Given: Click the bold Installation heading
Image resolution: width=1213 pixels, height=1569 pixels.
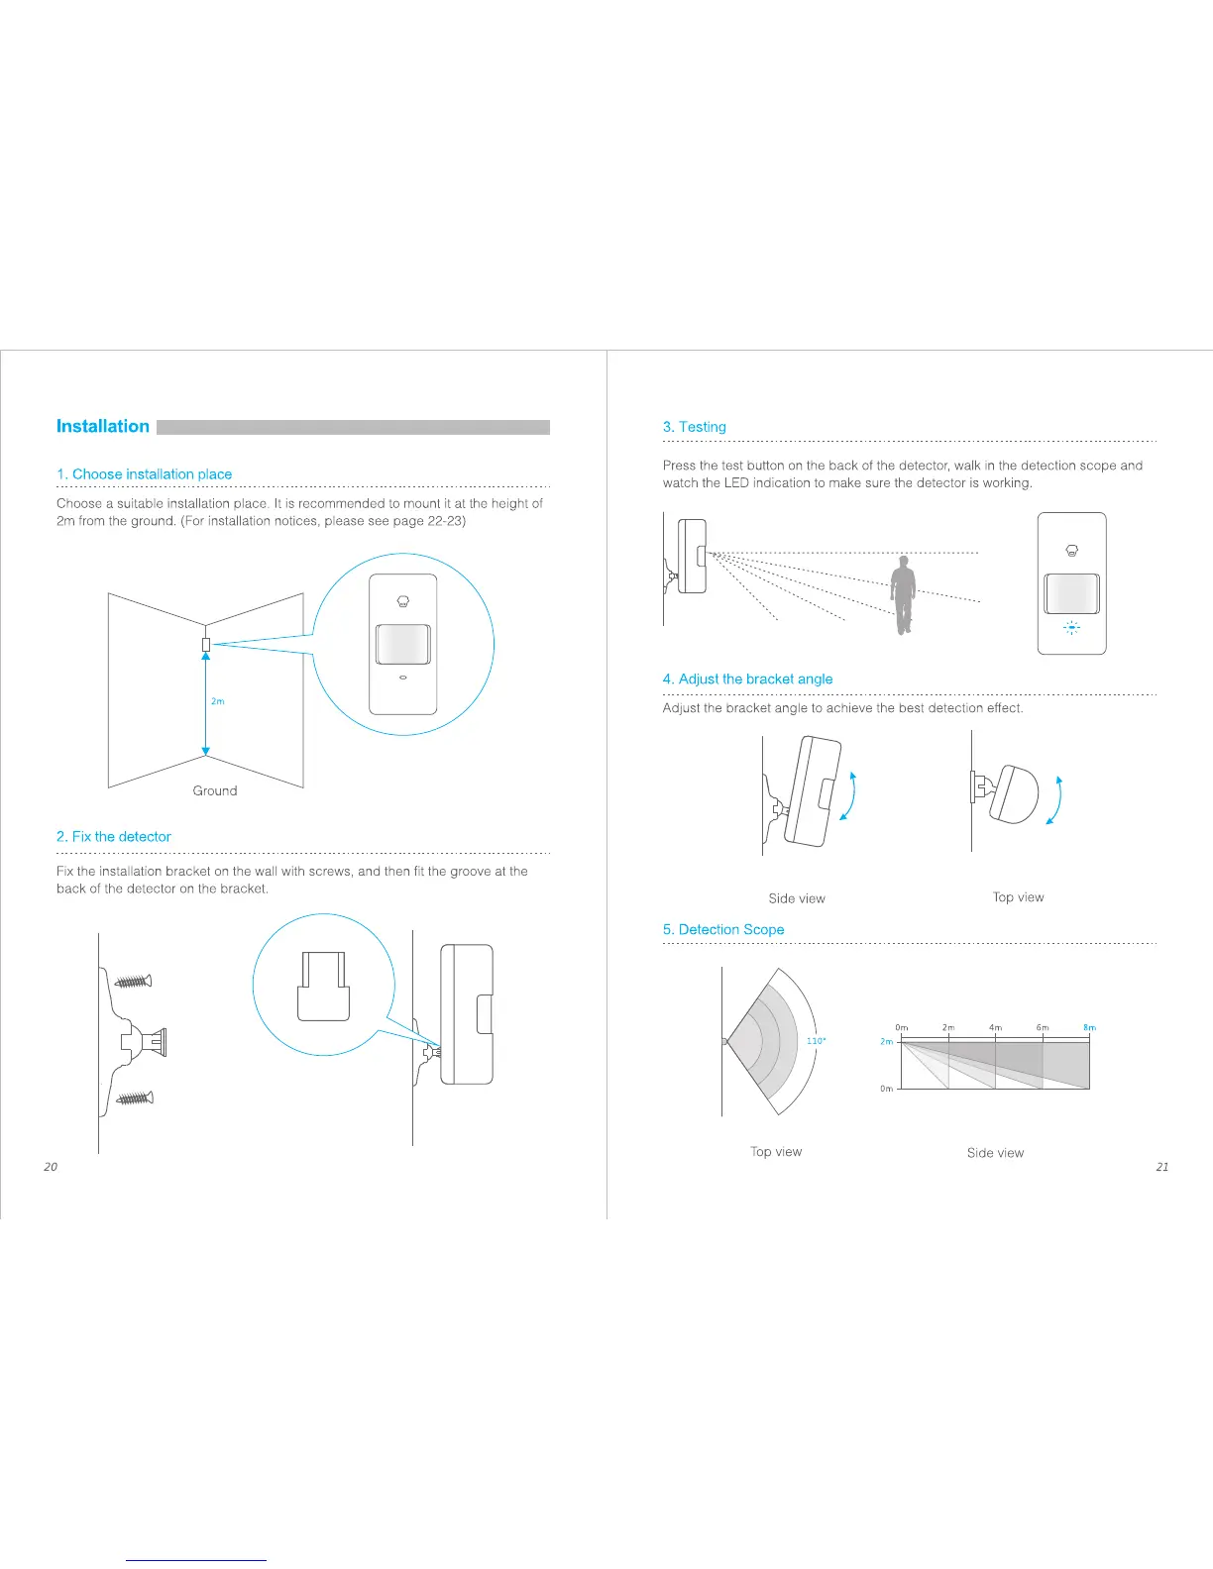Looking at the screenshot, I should pos(103,427).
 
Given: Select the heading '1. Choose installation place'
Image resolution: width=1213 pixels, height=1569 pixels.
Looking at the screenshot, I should pos(144,474).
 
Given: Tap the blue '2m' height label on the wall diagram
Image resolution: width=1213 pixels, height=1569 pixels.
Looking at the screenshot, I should pos(218,701).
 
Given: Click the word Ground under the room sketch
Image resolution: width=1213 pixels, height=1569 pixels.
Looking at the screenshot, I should pos(215,790).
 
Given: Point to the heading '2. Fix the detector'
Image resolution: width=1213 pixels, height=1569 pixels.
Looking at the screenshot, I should pos(114,837).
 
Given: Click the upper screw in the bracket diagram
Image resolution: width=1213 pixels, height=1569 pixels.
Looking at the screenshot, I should pos(134,982).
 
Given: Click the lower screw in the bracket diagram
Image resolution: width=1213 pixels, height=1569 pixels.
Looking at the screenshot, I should pos(134,1098).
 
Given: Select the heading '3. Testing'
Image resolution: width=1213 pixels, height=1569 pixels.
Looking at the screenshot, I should pos(694,427).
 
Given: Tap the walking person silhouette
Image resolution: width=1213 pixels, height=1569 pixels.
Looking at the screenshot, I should pos(902,594).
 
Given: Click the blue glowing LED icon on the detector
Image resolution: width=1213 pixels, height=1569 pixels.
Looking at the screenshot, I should pos(1071,627).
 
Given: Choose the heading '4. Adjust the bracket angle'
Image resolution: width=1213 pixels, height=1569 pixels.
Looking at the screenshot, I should pos(747,680).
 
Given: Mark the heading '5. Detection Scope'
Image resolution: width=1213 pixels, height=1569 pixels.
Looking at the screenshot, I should pos(723,930).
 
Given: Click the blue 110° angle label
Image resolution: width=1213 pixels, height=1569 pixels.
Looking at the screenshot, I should pos(816,1041).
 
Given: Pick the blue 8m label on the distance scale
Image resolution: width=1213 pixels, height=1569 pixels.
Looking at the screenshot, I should pos(1089,1028).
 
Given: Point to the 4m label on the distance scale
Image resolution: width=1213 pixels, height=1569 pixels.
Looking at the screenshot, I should pos(995,1028).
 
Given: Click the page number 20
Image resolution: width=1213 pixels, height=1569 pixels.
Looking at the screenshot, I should pos(51,1167).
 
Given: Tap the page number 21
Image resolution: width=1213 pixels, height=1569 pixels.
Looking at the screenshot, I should pos(1162,1167).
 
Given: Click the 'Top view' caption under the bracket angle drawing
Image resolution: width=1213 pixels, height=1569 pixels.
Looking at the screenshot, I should pos(1018,897).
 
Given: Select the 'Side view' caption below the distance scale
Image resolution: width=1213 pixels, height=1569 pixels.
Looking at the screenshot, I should pos(995,1153).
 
